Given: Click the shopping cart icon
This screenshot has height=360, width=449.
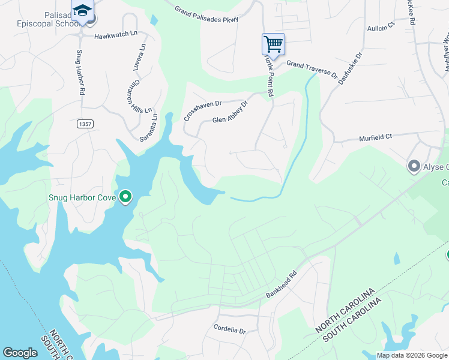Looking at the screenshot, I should (x=273, y=44).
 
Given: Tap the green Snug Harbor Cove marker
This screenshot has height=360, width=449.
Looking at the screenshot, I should (x=125, y=196).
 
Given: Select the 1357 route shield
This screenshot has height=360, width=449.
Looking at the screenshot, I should (x=86, y=124).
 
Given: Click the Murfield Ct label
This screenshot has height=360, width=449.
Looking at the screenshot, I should (x=375, y=137).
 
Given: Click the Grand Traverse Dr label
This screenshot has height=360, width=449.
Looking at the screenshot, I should (x=312, y=68).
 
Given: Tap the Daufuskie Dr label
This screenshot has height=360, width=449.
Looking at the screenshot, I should (x=351, y=67).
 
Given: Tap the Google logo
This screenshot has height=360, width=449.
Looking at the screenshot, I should (x=20, y=353).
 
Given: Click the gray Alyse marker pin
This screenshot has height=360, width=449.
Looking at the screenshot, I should (x=414, y=166).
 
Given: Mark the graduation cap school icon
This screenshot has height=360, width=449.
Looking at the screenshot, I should (x=82, y=10).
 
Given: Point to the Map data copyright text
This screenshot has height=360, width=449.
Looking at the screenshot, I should (x=412, y=355).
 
